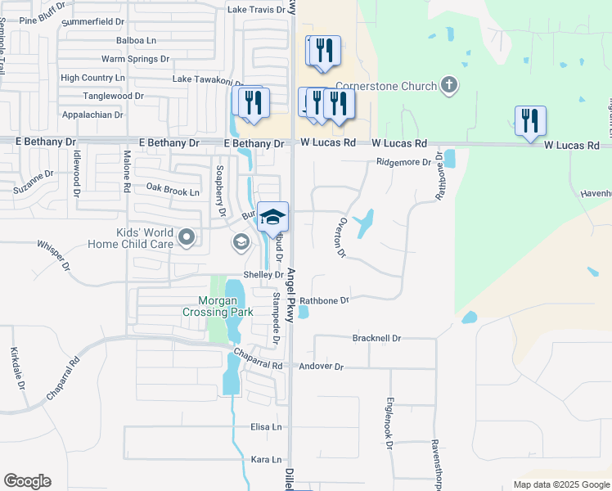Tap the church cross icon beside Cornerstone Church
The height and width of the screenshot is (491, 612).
(448, 84)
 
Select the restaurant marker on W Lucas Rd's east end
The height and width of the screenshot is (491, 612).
(530, 121)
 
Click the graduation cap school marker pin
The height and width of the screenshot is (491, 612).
(273, 217)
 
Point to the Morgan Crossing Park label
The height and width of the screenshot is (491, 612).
(218, 305)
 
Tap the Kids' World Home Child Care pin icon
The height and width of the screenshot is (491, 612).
(187, 238)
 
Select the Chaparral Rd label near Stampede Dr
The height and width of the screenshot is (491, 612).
(258, 358)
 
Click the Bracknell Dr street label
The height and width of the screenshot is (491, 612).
(376, 338)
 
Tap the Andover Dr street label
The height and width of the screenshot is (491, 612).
(322, 367)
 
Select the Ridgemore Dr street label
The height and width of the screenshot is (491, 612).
(403, 162)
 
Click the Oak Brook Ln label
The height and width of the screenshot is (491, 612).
(173, 192)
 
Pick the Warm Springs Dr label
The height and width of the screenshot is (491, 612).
(135, 59)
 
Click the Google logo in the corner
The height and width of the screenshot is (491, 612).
(27, 481)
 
